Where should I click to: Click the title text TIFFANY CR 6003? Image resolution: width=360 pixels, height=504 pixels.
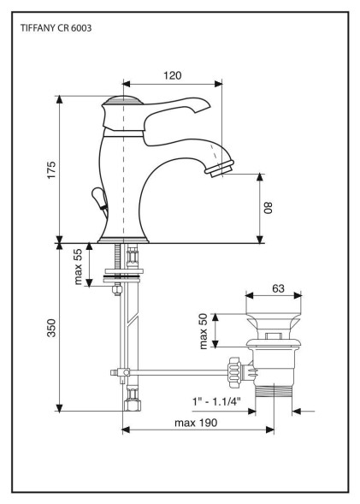[56, 28]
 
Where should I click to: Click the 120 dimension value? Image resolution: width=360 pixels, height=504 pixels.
[173, 75]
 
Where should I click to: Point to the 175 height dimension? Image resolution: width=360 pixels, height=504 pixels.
[51, 170]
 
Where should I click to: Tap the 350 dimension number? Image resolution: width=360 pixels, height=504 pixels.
[51, 328]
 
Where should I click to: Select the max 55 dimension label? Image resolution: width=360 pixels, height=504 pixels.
[78, 268]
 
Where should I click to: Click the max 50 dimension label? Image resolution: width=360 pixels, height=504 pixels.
[204, 331]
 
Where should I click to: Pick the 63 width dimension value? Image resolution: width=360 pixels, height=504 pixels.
[278, 288]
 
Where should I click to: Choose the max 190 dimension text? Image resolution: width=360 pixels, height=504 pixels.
[196, 423]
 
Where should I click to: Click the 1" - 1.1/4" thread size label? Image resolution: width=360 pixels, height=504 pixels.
[216, 401]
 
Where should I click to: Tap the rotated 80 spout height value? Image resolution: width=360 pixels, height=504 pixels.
[268, 208]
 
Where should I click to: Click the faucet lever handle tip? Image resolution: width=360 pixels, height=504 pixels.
[205, 104]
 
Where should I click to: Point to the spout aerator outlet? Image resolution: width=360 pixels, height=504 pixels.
[221, 169]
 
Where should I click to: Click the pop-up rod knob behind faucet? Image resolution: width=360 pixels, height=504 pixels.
[98, 197]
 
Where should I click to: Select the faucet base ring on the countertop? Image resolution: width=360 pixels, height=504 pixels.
[123, 240]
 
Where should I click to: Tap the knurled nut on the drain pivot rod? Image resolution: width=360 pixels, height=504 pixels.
[234, 372]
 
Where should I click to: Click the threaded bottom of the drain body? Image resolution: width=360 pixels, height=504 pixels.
[274, 392]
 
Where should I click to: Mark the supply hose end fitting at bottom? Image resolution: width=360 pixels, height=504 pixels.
[133, 400]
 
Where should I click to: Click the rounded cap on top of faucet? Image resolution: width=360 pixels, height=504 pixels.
[122, 100]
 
